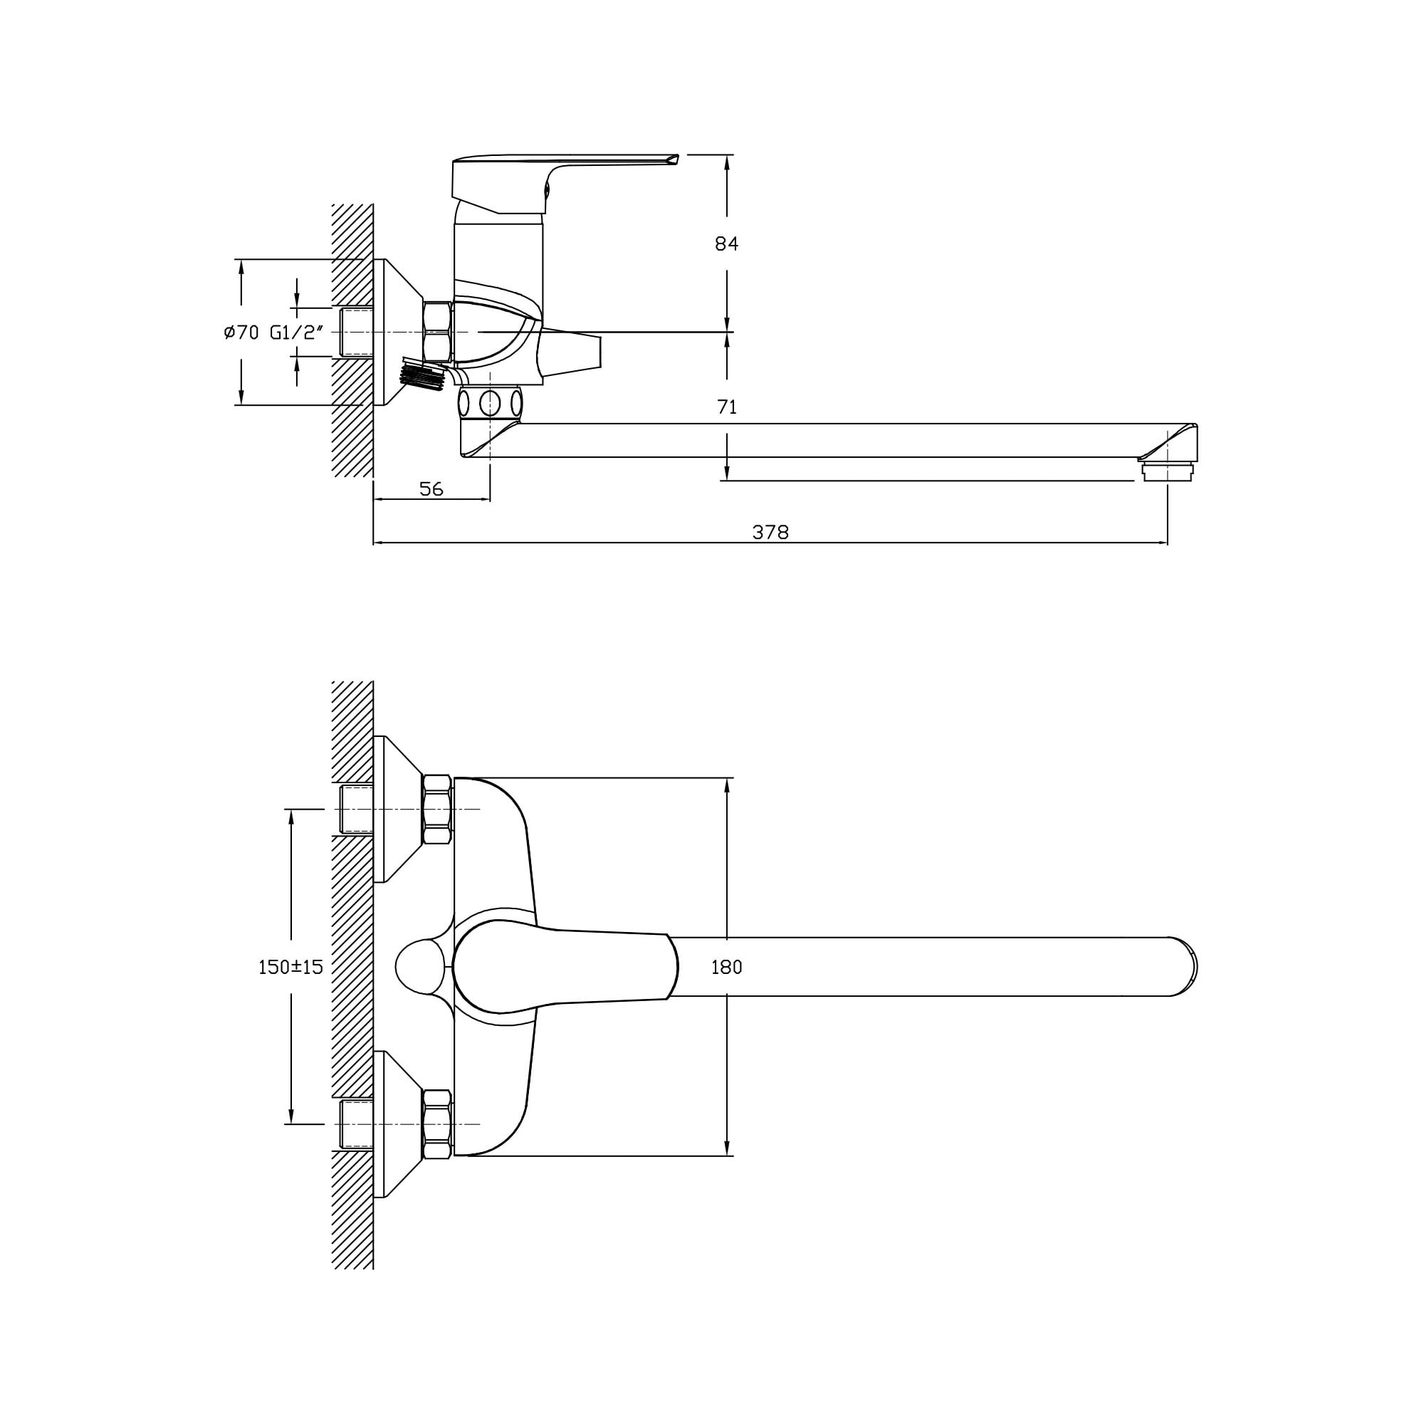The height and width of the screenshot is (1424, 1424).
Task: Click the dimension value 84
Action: point(726,244)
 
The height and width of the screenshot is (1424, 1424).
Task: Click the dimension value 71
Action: point(727,407)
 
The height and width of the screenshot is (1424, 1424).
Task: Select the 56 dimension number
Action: point(431,488)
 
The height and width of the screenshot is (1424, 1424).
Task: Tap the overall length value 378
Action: point(770,532)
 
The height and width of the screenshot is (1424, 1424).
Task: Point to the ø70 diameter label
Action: point(241,333)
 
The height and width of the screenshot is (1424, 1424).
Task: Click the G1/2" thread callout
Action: point(297,333)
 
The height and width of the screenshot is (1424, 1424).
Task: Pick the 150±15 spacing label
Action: point(290,967)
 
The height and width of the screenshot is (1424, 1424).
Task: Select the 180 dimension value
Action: point(726,967)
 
